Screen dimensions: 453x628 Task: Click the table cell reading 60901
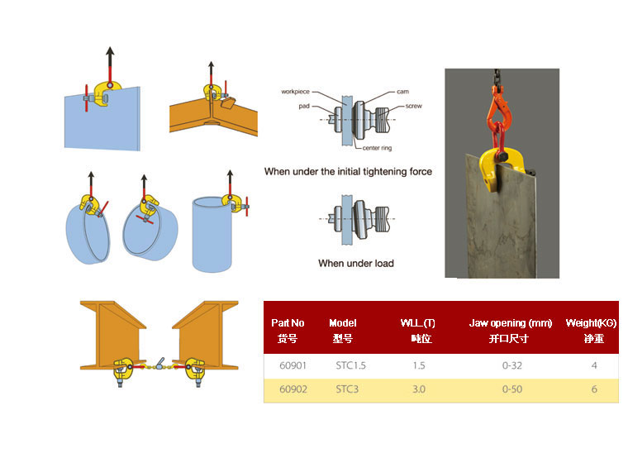(x=288, y=365)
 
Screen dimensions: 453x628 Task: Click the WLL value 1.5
(x=419, y=365)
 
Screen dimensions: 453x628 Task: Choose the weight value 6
(x=594, y=389)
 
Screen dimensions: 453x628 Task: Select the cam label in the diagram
(x=402, y=92)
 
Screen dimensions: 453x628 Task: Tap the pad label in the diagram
(x=304, y=106)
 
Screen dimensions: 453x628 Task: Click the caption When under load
(x=356, y=264)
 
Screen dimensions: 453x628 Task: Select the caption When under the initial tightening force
(x=348, y=172)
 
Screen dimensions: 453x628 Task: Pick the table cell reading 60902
(x=288, y=389)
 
